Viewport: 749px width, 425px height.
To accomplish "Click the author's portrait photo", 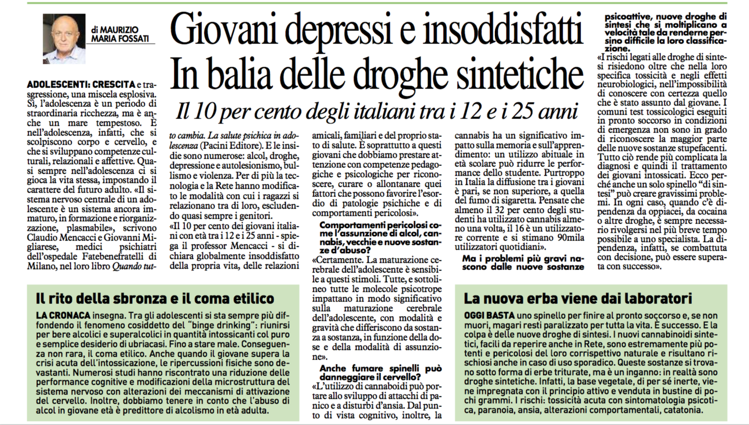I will click(64, 39).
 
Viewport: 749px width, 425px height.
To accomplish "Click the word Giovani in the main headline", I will click(221, 30).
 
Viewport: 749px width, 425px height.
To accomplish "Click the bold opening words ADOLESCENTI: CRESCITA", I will click(81, 84).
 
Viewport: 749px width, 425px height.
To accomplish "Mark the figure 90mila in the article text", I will click(568, 237).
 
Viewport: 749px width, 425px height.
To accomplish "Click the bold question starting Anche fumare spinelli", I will click(380, 372).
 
